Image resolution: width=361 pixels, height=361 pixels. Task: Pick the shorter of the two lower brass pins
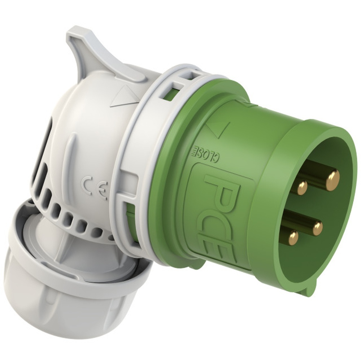point(293,238)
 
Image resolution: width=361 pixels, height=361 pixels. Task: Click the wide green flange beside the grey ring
point(170,180)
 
